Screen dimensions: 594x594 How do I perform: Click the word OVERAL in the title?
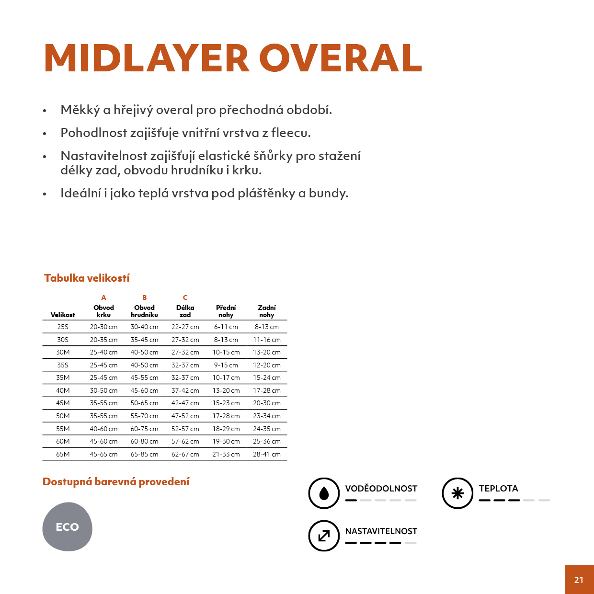click(x=341, y=58)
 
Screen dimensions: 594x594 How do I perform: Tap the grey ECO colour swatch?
click(x=67, y=527)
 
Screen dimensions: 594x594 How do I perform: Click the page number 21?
click(x=579, y=580)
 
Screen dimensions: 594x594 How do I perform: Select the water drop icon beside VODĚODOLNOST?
click(x=324, y=493)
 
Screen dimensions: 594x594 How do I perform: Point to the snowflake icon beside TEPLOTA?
click(x=457, y=493)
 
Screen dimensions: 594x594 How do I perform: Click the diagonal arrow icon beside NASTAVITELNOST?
click(x=324, y=536)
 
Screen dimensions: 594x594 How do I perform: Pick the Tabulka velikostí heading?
click(x=87, y=278)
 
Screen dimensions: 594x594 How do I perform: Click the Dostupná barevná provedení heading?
click(x=116, y=482)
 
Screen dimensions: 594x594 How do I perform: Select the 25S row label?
click(x=63, y=327)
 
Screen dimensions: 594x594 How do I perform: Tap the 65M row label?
click(x=63, y=454)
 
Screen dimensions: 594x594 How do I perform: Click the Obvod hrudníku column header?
click(x=144, y=311)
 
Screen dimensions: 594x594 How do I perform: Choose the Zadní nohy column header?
click(x=266, y=311)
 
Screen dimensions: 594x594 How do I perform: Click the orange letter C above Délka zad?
click(x=185, y=297)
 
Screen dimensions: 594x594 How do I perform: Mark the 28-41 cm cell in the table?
click(x=266, y=454)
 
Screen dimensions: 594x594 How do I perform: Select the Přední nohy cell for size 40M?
click(x=226, y=390)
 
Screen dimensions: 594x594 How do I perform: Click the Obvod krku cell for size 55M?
click(x=103, y=429)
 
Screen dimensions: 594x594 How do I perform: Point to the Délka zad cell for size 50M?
click(x=185, y=416)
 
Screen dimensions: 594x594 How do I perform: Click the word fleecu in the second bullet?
click(x=290, y=133)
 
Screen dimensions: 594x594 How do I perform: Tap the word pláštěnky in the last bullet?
click(x=266, y=193)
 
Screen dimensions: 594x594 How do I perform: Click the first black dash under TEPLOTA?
click(x=484, y=500)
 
